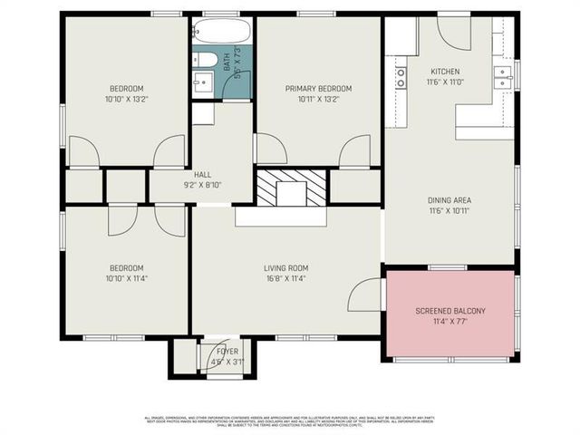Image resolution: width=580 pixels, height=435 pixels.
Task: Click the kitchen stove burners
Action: click(400, 78)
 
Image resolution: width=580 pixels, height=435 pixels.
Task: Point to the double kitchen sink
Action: click(503, 76)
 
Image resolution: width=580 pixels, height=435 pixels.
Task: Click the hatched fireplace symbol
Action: click(291, 188)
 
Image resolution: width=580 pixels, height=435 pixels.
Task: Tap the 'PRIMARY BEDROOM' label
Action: click(318, 89)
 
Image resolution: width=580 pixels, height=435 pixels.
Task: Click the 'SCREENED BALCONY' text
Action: click(450, 311)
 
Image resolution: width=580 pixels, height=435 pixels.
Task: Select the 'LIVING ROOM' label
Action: click(286, 268)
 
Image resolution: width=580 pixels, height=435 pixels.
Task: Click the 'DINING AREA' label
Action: click(449, 200)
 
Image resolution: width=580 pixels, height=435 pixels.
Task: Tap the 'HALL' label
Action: click(203, 174)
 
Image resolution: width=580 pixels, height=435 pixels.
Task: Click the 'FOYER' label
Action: click(227, 351)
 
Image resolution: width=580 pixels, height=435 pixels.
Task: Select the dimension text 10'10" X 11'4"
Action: click(126, 279)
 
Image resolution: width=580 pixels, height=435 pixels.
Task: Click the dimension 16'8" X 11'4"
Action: click(286, 279)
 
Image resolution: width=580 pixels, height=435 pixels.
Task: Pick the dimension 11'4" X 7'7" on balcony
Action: click(450, 322)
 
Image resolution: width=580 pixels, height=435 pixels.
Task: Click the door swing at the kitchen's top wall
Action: click(453, 34)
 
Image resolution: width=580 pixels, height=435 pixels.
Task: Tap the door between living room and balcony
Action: click(365, 295)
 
